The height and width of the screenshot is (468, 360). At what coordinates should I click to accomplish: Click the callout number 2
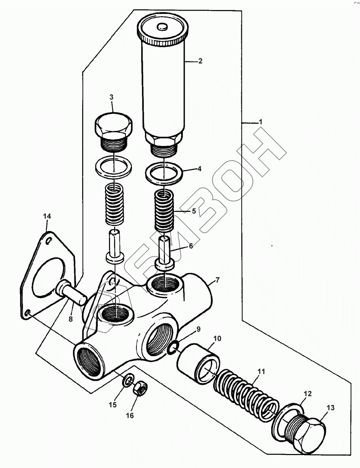(200, 61)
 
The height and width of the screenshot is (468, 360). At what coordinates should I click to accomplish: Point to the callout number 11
(261, 372)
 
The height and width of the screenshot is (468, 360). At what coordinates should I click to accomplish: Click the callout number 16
(129, 415)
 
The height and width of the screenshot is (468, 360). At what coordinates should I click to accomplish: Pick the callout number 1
(261, 122)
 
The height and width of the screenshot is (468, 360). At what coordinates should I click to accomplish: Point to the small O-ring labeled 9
(173, 346)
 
